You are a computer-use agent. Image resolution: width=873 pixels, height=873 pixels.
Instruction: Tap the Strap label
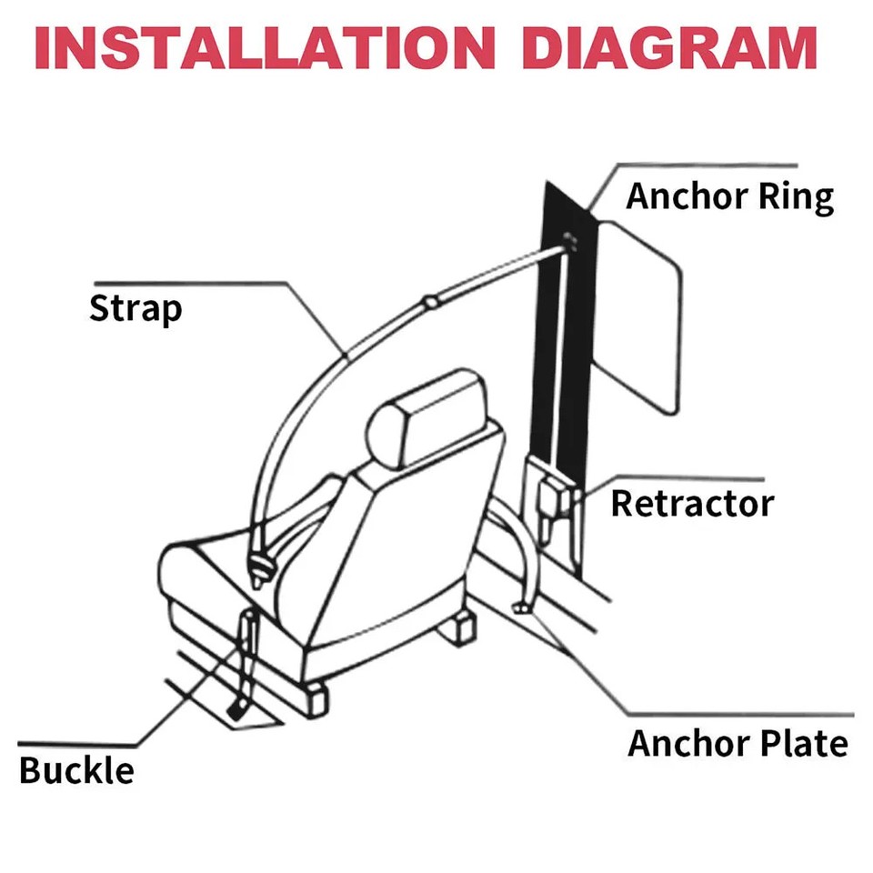coord(135,309)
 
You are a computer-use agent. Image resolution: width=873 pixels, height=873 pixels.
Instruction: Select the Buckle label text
coord(76,770)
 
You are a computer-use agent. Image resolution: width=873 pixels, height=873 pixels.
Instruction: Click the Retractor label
coord(692,503)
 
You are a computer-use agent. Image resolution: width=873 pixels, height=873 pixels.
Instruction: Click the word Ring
coord(799,197)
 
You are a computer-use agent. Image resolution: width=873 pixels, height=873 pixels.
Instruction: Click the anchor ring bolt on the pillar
coord(571,240)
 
